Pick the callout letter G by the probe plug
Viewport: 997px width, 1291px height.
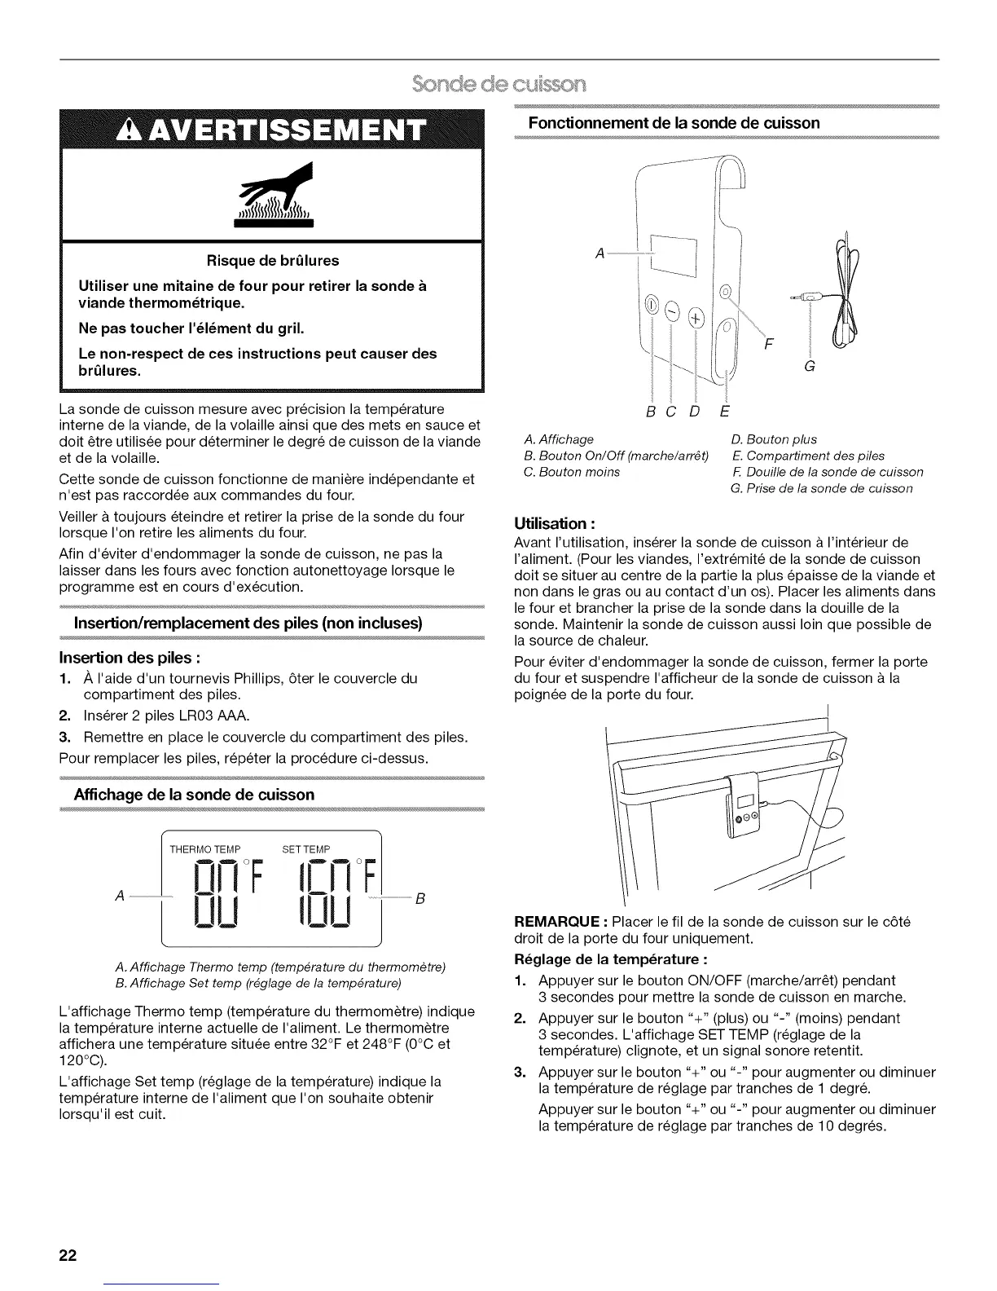pyautogui.click(x=809, y=367)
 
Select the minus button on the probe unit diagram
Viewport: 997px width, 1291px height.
pyautogui.click(x=673, y=311)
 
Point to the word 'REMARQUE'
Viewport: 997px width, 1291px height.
pyautogui.click(x=558, y=922)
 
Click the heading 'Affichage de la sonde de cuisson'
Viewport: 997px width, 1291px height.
pyautogui.click(x=194, y=794)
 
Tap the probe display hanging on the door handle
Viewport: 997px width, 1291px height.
pyautogui.click(x=744, y=810)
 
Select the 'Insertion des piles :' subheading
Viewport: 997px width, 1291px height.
pyautogui.click(x=130, y=658)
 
